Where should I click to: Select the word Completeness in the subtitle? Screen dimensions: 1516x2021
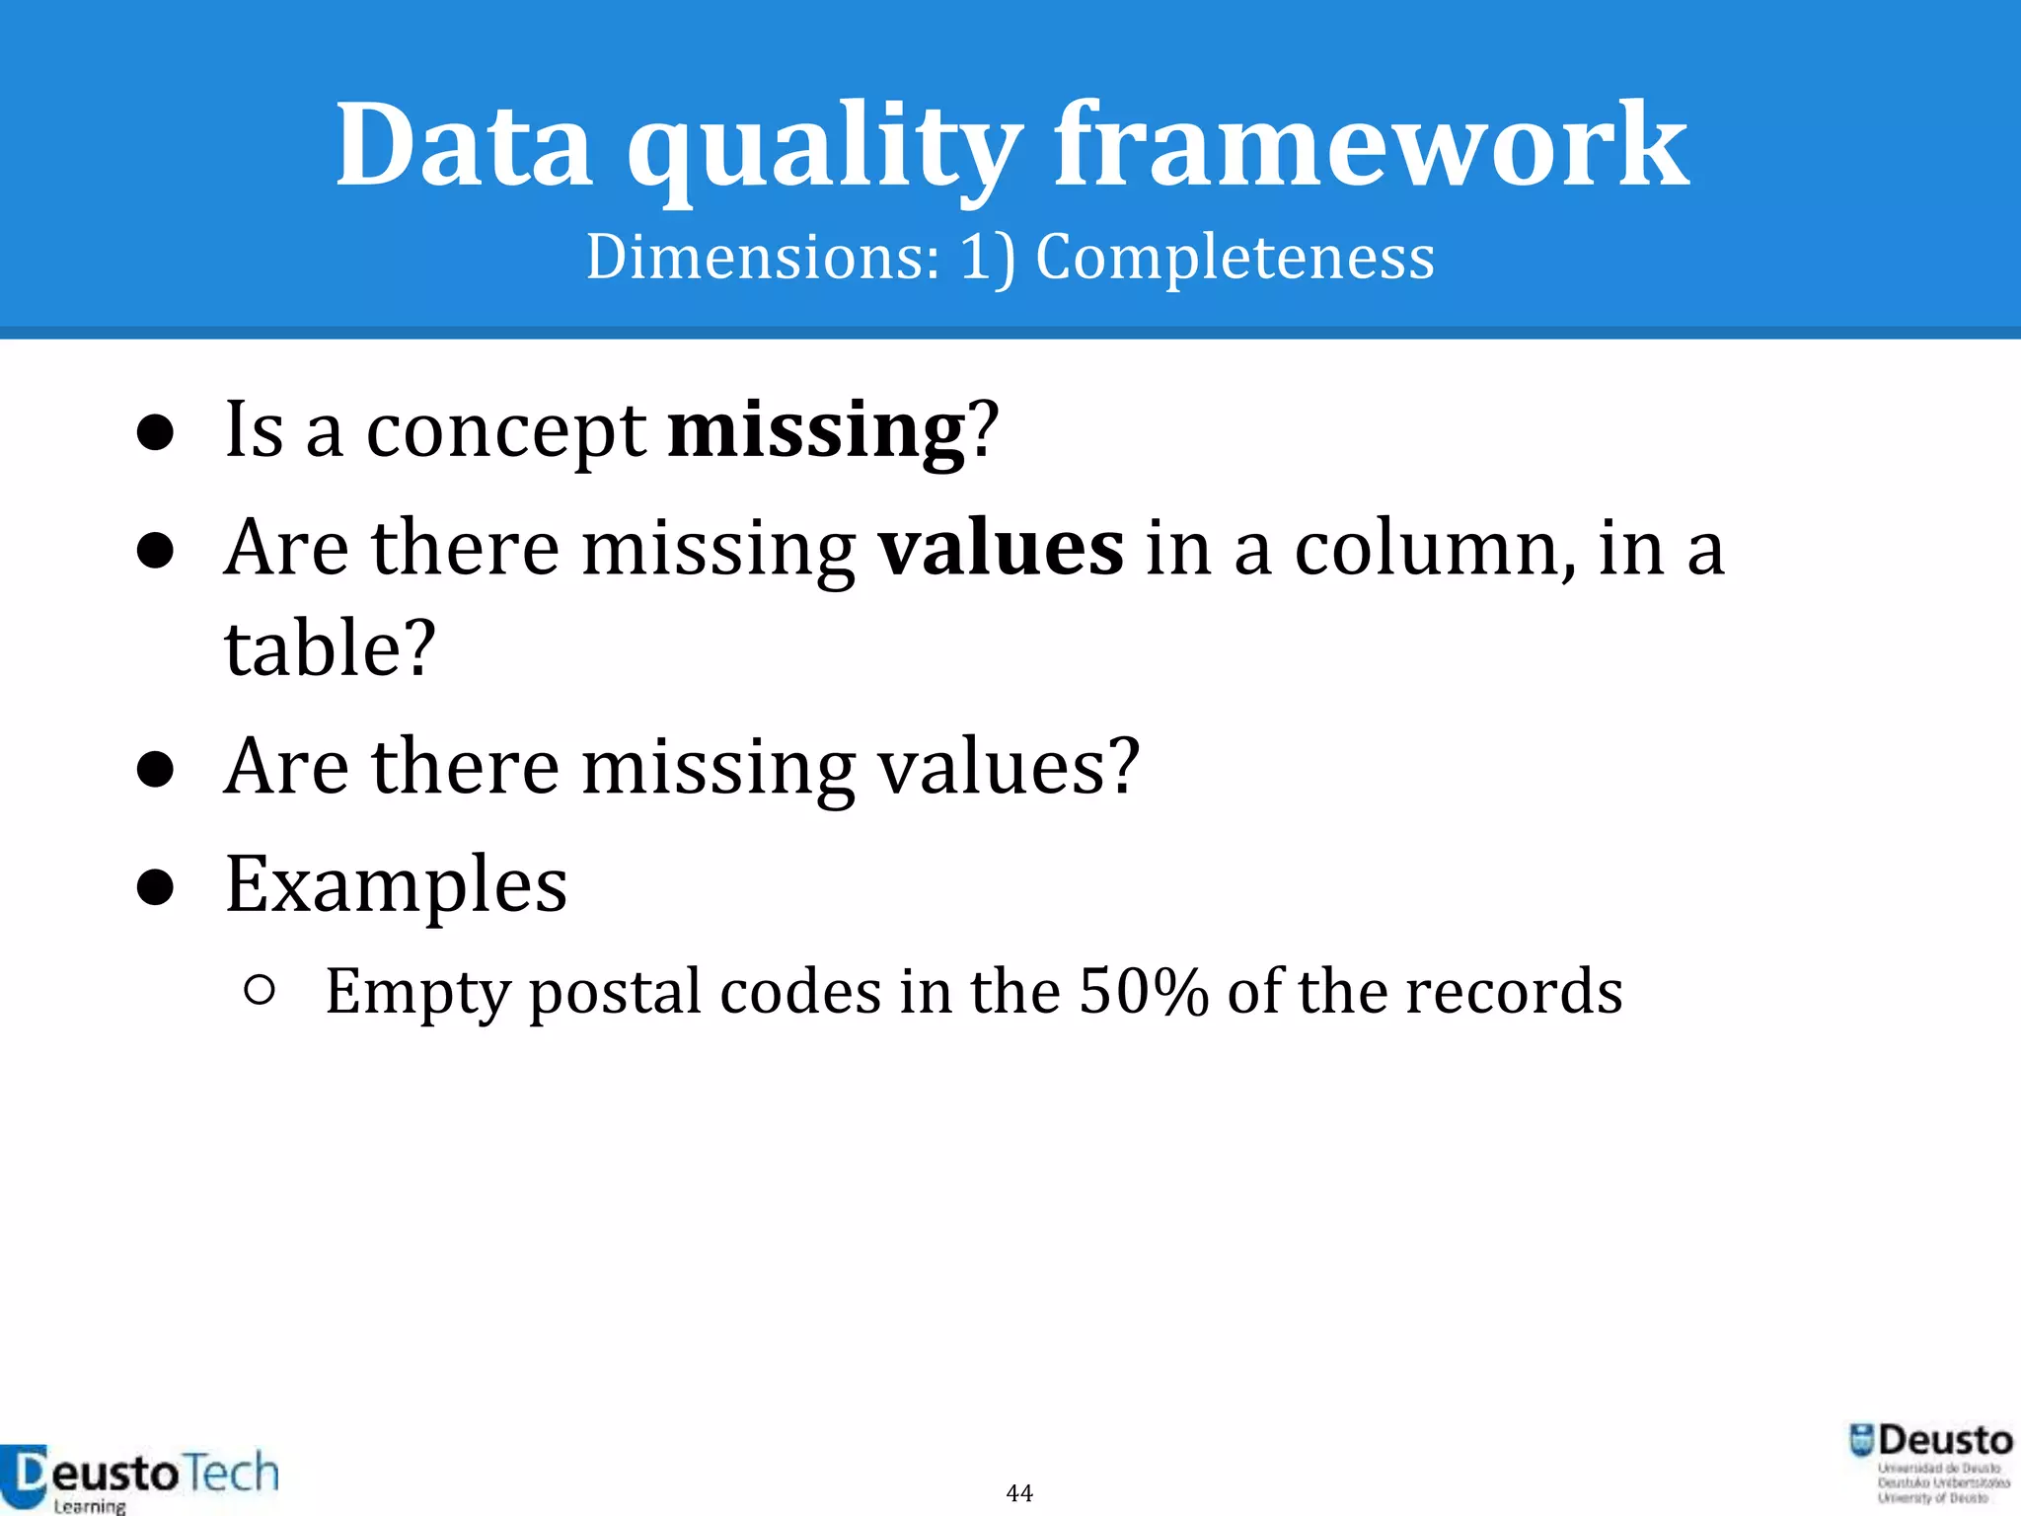tap(1235, 257)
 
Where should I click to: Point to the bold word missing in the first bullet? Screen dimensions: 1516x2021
tap(816, 430)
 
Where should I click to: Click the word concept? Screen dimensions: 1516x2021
tap(505, 432)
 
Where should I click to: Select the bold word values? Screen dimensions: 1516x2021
tap(1001, 549)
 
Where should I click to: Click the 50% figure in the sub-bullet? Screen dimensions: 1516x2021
tap(1143, 991)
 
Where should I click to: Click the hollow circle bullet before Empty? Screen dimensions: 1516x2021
tap(259, 990)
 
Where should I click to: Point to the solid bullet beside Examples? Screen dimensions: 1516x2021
tap(156, 886)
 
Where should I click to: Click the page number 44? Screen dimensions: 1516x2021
tap(1019, 1492)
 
